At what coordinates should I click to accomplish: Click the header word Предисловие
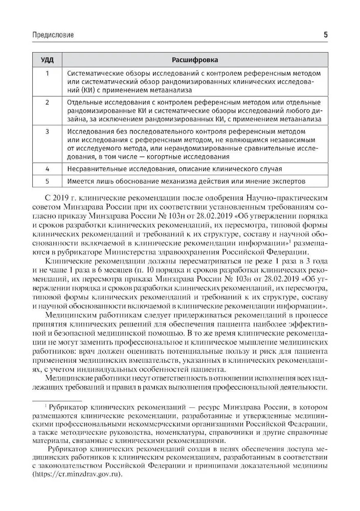point(53,35)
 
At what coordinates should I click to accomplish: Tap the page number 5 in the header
point(326,35)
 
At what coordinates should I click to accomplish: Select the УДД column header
point(47,59)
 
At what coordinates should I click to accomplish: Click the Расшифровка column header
point(194,59)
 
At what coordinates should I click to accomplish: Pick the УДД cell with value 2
point(47,102)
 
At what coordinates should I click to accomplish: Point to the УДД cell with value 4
point(47,168)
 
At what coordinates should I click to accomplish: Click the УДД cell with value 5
point(47,181)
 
